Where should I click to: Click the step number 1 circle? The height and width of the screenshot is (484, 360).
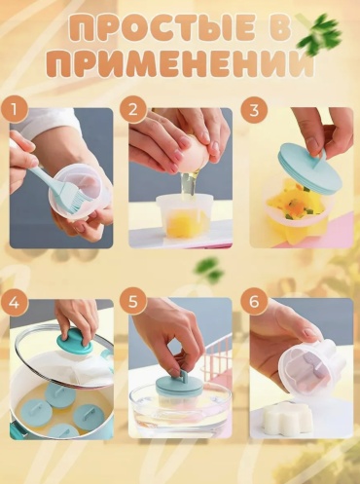(14, 110)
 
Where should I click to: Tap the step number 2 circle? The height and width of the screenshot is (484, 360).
(133, 110)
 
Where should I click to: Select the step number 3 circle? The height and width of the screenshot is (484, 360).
(254, 110)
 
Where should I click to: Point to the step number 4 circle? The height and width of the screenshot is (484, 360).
(14, 302)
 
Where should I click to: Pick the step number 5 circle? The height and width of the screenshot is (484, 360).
(133, 302)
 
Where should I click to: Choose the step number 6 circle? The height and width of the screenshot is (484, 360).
(254, 302)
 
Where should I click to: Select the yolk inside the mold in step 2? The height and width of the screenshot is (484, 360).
(180, 223)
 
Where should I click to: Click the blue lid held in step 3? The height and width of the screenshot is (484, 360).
(309, 169)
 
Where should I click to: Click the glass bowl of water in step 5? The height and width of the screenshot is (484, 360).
(180, 405)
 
